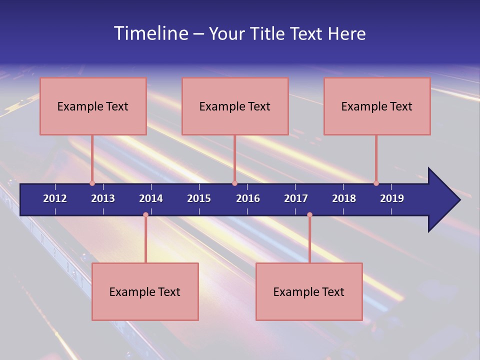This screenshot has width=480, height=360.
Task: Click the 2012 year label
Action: tap(55, 198)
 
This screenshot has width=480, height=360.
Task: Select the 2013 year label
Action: tap(103, 198)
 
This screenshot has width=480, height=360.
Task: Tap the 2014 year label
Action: tap(151, 198)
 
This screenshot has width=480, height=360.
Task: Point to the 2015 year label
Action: tap(199, 198)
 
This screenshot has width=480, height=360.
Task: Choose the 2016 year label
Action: tap(248, 198)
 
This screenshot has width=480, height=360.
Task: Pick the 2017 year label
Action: tap(296, 198)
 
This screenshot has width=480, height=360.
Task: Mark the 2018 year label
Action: tap(344, 198)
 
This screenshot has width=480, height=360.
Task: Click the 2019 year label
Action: tap(392, 198)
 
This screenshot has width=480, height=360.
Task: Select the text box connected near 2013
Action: tap(93, 106)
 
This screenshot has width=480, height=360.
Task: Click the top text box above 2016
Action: tap(235, 106)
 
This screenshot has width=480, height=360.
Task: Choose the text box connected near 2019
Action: tap(377, 106)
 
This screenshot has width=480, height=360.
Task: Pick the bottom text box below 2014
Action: tap(145, 291)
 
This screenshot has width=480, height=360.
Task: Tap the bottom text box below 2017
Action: tap(309, 291)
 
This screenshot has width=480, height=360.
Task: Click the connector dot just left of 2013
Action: tap(92, 183)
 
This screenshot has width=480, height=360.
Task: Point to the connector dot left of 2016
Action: tap(234, 183)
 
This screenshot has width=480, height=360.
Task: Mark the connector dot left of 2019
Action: tap(376, 183)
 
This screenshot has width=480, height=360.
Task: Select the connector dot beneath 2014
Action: tap(145, 215)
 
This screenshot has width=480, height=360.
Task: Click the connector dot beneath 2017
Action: tap(309, 215)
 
